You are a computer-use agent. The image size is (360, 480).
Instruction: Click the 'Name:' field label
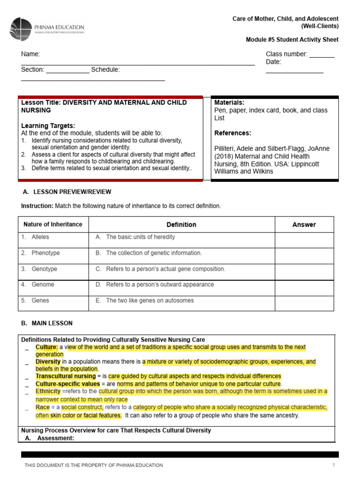click(x=30, y=54)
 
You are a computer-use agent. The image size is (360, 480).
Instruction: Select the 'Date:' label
click(x=273, y=62)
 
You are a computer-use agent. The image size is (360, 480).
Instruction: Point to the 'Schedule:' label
click(x=105, y=70)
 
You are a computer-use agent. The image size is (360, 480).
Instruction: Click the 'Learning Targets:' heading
click(x=48, y=126)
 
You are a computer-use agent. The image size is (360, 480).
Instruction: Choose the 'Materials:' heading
click(x=229, y=103)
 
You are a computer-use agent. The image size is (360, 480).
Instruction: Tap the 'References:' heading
click(x=232, y=133)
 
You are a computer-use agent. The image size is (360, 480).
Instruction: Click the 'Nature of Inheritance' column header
click(x=53, y=225)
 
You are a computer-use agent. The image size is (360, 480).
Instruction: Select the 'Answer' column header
click(x=304, y=225)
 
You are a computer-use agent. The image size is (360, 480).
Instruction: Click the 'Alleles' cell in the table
click(x=40, y=237)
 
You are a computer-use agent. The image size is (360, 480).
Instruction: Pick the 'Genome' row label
click(x=43, y=285)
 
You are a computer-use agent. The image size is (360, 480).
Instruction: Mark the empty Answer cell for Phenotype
click(x=304, y=255)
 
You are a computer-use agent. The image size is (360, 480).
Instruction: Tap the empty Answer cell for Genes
click(x=304, y=303)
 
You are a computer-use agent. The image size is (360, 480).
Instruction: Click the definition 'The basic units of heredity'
click(x=140, y=237)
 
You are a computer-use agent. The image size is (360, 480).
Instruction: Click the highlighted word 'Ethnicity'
click(x=48, y=391)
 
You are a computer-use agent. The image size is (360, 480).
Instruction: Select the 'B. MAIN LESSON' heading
click(x=47, y=323)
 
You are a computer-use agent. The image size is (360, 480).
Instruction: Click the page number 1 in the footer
click(x=334, y=465)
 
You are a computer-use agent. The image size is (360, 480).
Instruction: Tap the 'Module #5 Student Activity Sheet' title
click(x=292, y=40)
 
